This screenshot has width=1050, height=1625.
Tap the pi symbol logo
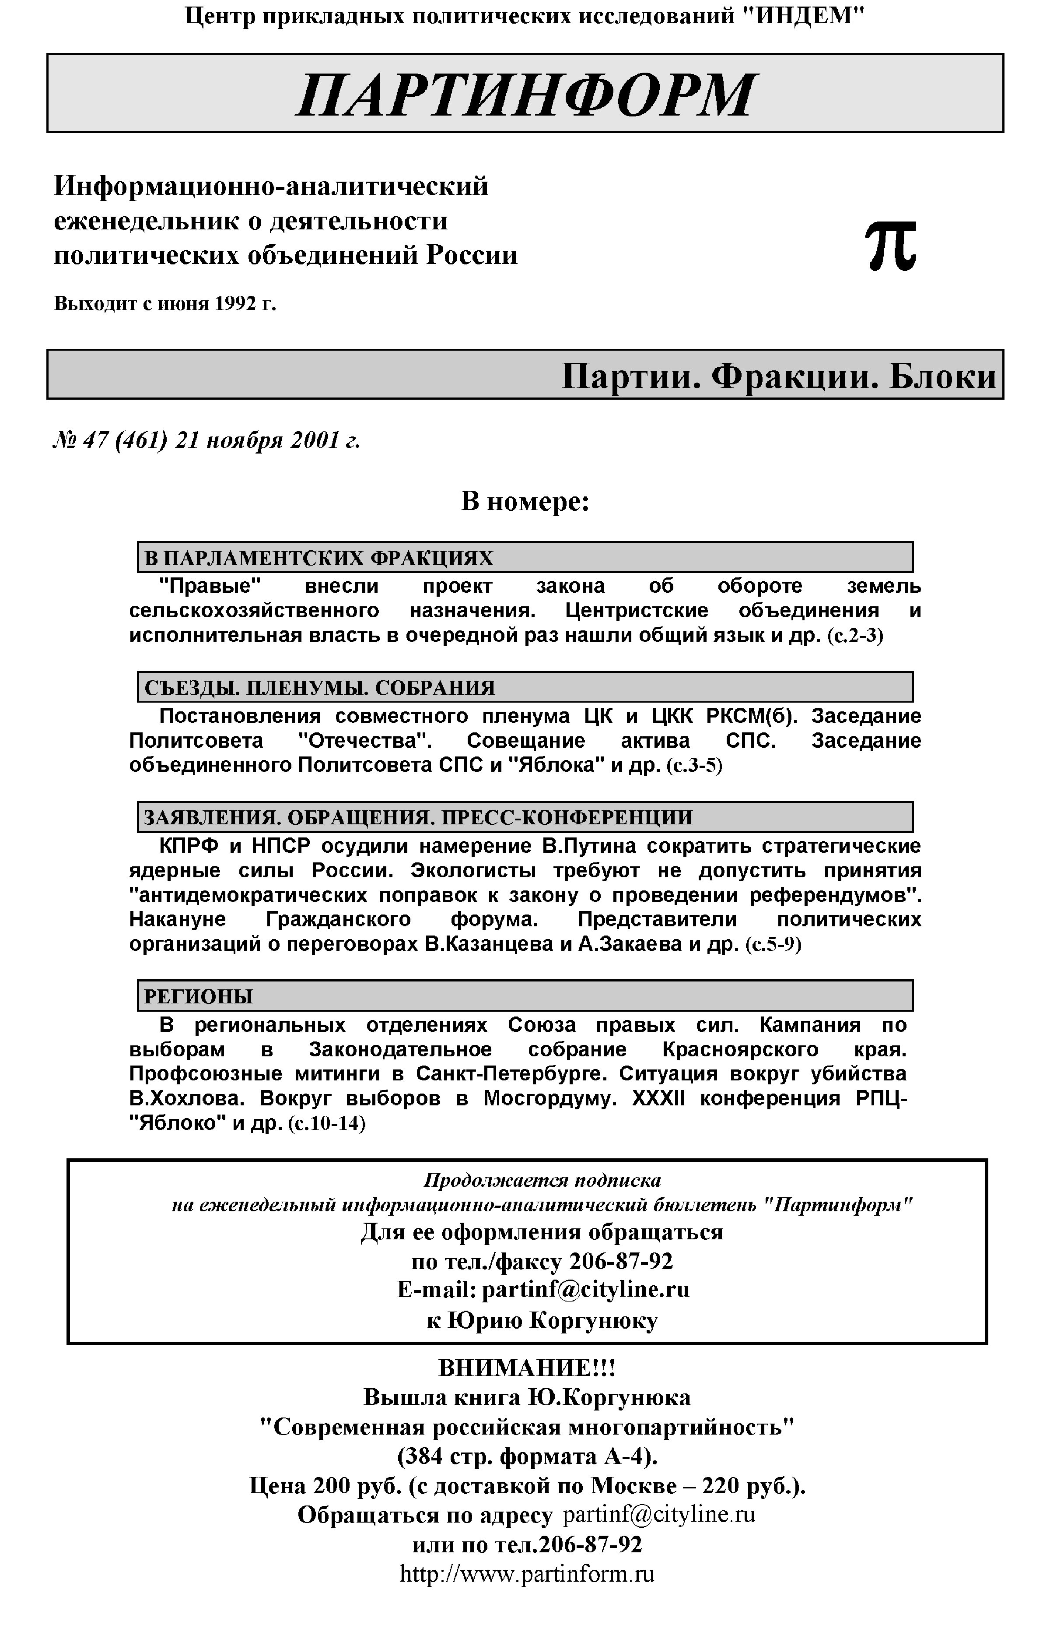point(890,247)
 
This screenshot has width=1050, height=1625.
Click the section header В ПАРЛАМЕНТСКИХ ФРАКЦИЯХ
point(318,558)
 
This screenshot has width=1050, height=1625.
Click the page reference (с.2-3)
point(855,636)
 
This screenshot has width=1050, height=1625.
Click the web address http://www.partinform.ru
point(526,1574)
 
